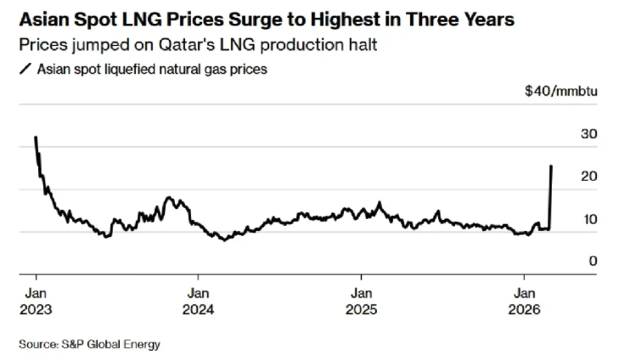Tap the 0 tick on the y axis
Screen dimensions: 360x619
(x=593, y=261)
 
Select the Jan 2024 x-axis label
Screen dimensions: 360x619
(x=198, y=301)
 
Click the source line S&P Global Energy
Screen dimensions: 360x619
(x=89, y=344)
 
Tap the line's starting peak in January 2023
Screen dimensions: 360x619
(x=36, y=137)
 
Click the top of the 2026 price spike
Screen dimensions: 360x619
(x=552, y=166)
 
